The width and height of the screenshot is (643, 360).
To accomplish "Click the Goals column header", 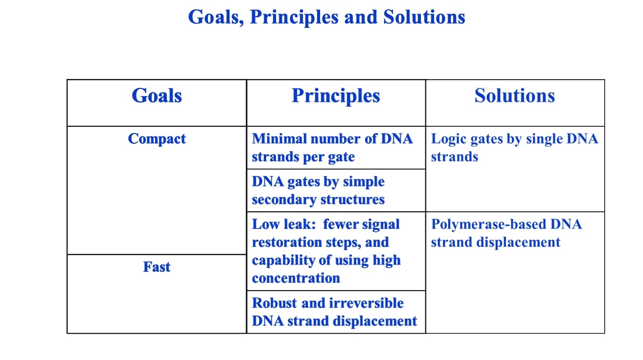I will [157, 95].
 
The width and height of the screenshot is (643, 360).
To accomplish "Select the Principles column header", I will [336, 95].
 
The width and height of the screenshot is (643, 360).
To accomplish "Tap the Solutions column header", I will [514, 95].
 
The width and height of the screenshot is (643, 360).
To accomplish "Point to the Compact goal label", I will [157, 139].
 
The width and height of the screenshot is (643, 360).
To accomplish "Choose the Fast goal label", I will [157, 267].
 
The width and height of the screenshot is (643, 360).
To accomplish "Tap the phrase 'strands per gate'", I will [303, 157].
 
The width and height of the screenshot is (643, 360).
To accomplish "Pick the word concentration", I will [296, 278].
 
